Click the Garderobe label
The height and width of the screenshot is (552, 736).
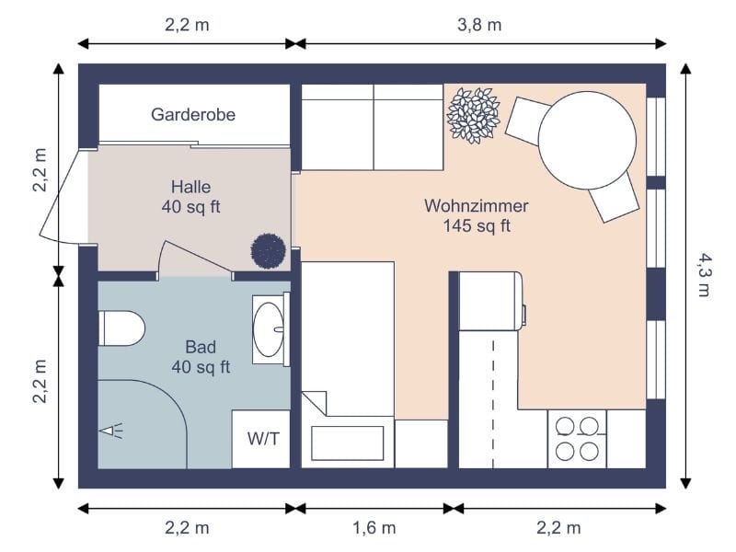(193, 115)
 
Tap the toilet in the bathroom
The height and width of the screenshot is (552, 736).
(121, 328)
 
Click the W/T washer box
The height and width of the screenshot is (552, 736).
(262, 439)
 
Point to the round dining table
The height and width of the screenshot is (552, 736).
(586, 144)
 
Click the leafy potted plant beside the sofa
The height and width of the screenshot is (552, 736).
(473, 115)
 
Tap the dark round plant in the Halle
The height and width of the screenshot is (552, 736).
(268, 250)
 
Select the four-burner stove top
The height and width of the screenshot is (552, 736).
(577, 438)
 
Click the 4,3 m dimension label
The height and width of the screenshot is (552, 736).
(703, 275)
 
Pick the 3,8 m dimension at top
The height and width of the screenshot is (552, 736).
(479, 25)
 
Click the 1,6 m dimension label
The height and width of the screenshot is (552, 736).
(374, 527)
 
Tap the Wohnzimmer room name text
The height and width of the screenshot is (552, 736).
(476, 205)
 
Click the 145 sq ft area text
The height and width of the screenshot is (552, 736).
(476, 226)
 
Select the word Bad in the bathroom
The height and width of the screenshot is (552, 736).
(201, 347)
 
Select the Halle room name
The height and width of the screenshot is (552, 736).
(190, 186)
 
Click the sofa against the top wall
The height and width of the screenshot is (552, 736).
(373, 127)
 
